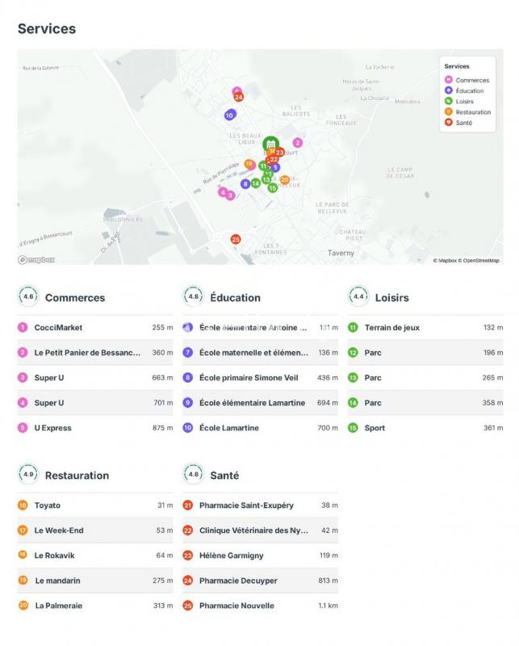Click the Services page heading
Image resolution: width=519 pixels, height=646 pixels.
(47, 29)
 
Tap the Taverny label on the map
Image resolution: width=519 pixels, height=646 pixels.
(341, 253)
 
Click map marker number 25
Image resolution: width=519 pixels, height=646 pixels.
(236, 239)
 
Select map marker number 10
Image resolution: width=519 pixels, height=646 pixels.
(229, 115)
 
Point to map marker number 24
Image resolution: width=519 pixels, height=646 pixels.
(238, 97)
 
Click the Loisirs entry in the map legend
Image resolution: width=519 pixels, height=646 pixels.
(467, 102)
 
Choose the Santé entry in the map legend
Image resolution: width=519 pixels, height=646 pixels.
(463, 123)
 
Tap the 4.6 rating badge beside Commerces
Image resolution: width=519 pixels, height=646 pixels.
(29, 297)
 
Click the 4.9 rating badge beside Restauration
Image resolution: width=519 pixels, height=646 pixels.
(29, 475)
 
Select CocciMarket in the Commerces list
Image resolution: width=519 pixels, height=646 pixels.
(58, 328)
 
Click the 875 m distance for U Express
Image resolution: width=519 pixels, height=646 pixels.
(162, 428)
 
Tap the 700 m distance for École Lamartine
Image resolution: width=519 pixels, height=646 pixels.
(328, 428)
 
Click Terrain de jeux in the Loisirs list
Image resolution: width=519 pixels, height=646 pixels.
(391, 328)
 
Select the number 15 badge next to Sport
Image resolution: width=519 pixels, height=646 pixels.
(353, 428)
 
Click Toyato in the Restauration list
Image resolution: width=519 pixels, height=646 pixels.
(48, 505)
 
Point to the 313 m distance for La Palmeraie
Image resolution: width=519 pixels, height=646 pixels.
(163, 606)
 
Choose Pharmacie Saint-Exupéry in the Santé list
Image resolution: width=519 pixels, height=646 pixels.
(246, 505)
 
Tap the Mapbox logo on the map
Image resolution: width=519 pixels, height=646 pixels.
(36, 260)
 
